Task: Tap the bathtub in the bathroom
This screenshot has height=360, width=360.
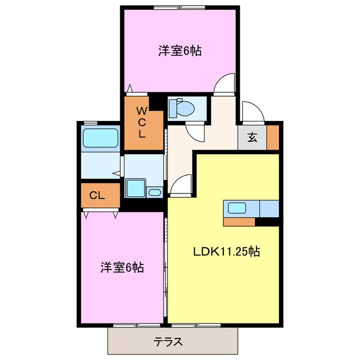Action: click(x=100, y=138)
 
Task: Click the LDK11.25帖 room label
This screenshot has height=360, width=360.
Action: click(x=227, y=252)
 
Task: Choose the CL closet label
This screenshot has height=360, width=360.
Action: click(x=97, y=196)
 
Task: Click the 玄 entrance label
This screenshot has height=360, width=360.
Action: click(x=253, y=137)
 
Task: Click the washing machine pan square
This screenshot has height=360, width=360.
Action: click(x=135, y=188)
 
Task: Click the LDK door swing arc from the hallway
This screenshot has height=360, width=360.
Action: click(x=181, y=185)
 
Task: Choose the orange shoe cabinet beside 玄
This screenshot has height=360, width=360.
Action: click(x=273, y=137)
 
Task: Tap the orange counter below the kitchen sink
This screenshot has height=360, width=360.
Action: click(x=240, y=221)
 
